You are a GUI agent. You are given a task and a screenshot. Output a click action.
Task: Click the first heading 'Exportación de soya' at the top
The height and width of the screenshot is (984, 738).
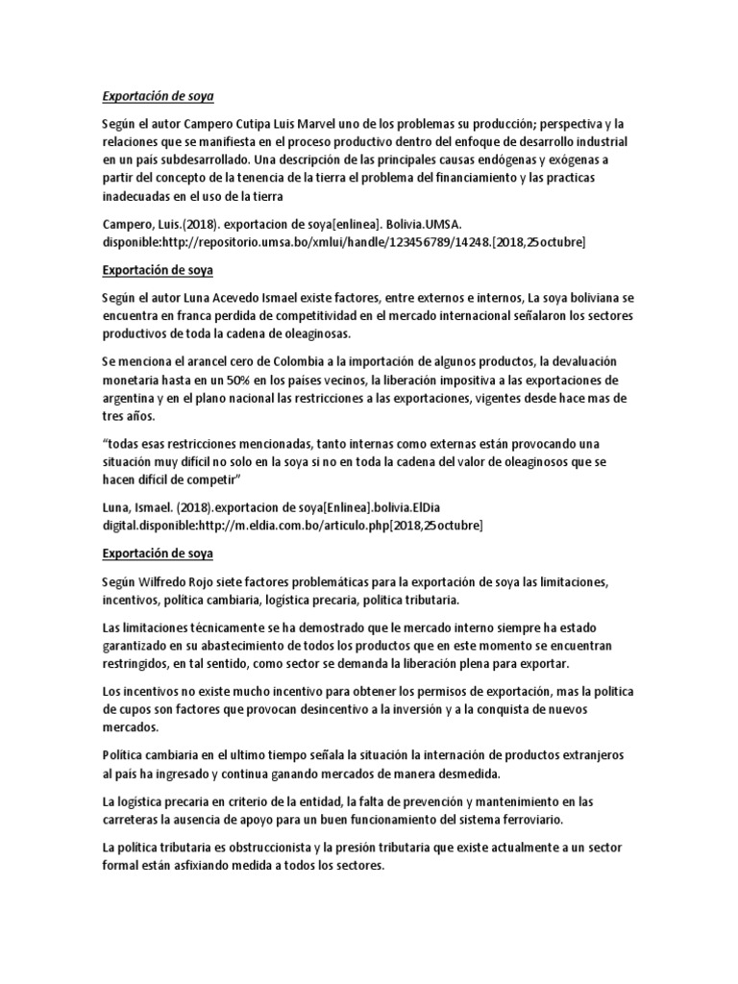pyautogui.click(x=158, y=97)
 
